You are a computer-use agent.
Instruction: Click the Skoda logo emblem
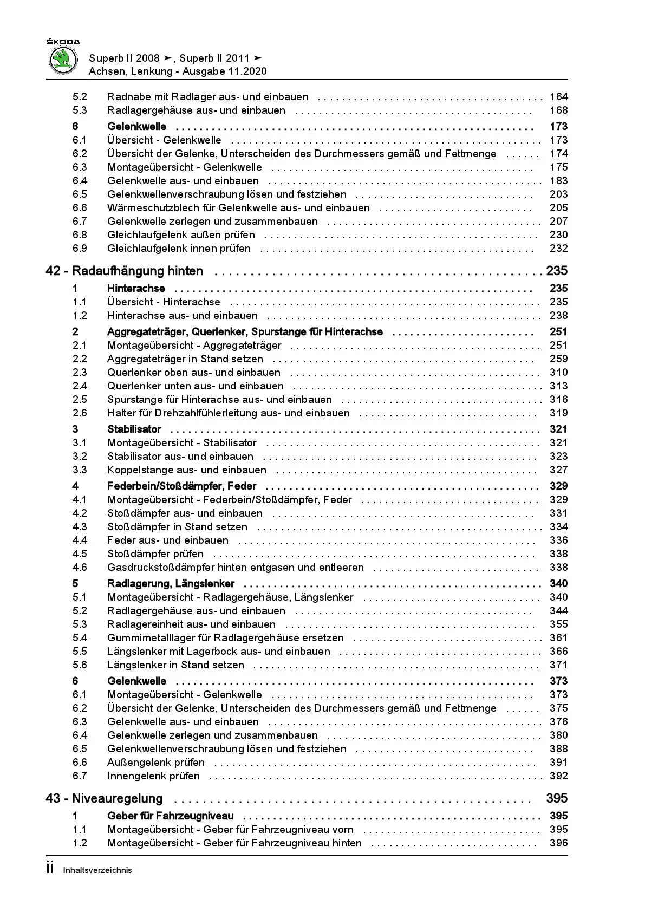point(63,60)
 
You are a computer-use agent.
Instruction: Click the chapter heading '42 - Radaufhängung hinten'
point(125,271)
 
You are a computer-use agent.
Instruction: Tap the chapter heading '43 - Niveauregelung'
point(105,798)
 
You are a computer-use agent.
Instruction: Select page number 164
point(558,97)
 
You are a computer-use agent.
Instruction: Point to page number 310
point(558,373)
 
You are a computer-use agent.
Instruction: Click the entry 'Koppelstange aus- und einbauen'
point(187,470)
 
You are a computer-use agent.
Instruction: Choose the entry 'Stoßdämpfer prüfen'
point(155,554)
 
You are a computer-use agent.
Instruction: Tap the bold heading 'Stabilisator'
point(134,429)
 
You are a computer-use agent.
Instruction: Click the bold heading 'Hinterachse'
point(136,289)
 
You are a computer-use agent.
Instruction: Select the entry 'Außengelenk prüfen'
point(156,763)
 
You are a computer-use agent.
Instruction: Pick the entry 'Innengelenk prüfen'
point(153,776)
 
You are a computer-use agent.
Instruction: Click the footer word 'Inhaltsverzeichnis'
point(97,870)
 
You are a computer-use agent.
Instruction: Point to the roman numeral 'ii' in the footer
point(50,869)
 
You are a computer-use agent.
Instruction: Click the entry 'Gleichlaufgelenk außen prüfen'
point(181,235)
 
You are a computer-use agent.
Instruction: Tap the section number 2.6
point(80,413)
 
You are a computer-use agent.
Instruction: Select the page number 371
point(558,665)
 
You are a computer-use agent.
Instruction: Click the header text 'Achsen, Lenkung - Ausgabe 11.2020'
point(178,71)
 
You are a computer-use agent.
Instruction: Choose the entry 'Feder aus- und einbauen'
point(168,540)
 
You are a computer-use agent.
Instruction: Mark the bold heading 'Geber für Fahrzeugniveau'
point(171,816)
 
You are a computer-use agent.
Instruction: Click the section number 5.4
point(80,638)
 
